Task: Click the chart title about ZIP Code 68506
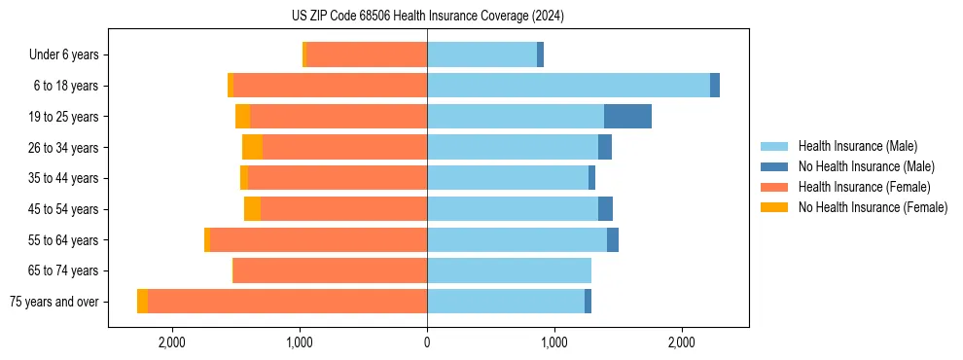click(x=427, y=17)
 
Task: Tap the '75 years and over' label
click(x=54, y=302)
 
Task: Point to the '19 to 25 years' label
click(x=64, y=117)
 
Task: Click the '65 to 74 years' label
click(x=64, y=270)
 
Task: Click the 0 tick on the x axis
click(x=427, y=342)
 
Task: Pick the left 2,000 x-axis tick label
click(x=171, y=342)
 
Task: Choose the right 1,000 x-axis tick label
click(x=553, y=342)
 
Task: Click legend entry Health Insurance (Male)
click(x=857, y=146)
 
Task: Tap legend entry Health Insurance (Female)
click(x=864, y=187)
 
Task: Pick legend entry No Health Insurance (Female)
click(x=873, y=207)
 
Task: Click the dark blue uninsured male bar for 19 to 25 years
click(x=627, y=117)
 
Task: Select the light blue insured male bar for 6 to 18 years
click(x=568, y=86)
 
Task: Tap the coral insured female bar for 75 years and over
click(x=287, y=302)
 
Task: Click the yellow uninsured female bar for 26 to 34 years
click(x=252, y=147)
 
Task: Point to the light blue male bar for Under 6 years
click(x=481, y=55)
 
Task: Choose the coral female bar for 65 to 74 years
click(x=330, y=270)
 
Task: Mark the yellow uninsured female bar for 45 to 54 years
click(x=252, y=209)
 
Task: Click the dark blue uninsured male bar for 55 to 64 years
click(x=613, y=239)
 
